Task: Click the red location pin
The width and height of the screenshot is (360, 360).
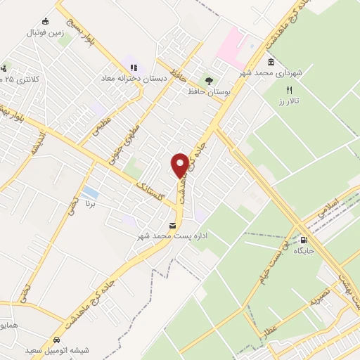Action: pos(180,164)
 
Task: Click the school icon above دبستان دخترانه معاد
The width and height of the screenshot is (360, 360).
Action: pos(134,68)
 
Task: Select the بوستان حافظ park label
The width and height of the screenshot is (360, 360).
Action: pos(205,91)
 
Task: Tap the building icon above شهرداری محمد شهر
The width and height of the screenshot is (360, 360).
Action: pos(271,63)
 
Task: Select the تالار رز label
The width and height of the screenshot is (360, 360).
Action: pos(288,102)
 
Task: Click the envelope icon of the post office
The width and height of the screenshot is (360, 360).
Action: pos(172,226)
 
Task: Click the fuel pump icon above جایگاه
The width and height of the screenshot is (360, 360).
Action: pos(304,239)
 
